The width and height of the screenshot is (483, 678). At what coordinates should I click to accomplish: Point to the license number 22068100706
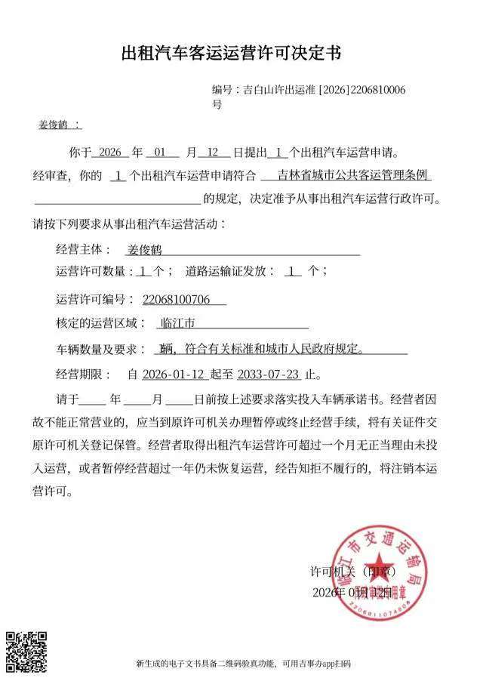(176, 300)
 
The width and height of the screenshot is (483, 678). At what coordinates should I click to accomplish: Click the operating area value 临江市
(178, 324)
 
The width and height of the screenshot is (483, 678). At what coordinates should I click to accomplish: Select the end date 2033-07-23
(267, 374)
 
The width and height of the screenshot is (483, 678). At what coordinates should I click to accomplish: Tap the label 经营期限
(84, 374)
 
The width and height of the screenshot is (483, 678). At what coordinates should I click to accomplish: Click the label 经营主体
(84, 250)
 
